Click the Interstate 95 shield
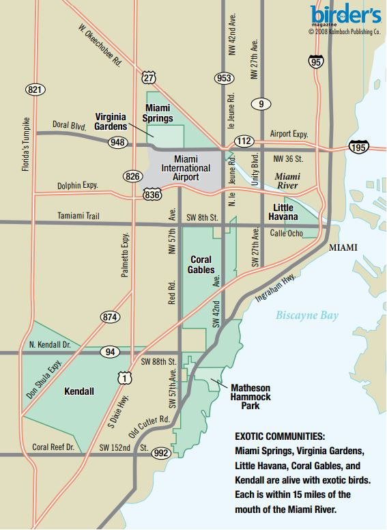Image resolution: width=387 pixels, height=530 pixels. point(315,62)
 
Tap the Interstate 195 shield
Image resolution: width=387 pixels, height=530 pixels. point(358,147)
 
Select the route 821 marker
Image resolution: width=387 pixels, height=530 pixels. point(35,89)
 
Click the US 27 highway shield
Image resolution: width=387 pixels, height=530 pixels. point(149,78)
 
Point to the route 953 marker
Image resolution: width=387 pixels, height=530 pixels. point(223,78)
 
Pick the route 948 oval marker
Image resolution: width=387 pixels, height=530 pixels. point(115,143)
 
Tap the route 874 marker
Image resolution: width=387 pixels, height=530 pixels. point(109,317)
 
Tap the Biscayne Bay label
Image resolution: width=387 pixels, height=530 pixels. point(306,316)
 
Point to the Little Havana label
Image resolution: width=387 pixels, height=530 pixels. point(285,212)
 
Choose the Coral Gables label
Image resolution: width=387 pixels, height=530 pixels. point(200,264)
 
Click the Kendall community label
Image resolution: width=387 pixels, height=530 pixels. point(78,392)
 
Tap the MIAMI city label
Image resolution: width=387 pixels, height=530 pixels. point(343,247)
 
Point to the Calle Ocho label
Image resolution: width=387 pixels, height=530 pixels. point(286,233)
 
